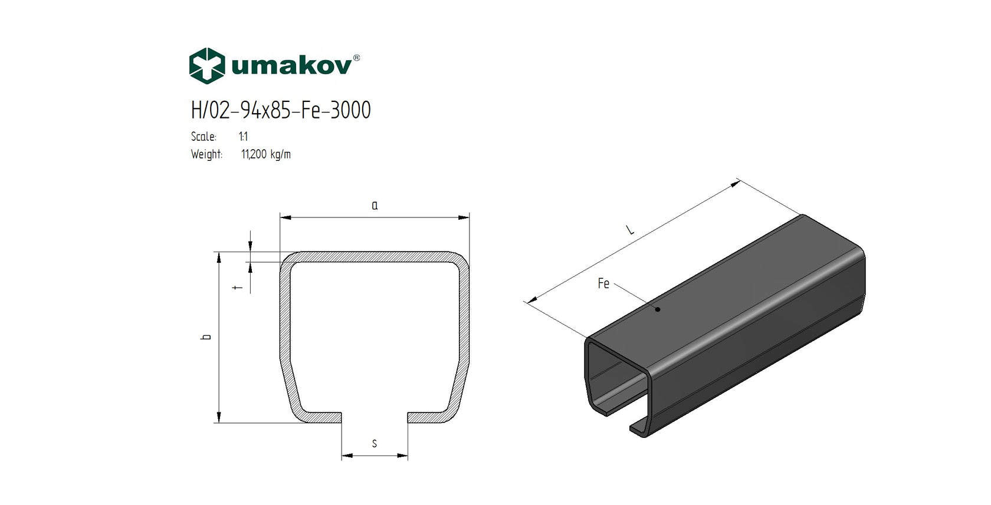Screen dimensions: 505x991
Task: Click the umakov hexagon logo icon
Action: (206, 65)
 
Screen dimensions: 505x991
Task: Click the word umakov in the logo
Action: (291, 65)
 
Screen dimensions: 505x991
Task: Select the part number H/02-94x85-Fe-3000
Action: (281, 110)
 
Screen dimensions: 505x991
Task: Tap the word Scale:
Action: (204, 137)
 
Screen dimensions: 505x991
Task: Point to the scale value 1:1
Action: (243, 137)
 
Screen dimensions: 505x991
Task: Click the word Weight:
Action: (206, 154)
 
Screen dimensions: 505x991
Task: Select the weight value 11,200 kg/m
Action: (265, 154)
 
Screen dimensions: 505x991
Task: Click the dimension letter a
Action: (375, 206)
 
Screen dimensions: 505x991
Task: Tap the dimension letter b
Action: (206, 337)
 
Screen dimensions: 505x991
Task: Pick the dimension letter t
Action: (238, 288)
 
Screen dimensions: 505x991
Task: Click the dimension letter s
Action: (375, 444)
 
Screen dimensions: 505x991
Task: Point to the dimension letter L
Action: (631, 229)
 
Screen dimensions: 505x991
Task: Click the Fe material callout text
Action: (603, 283)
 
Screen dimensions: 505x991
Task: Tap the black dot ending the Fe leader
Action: (658, 309)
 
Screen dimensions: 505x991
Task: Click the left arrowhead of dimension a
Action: (286, 217)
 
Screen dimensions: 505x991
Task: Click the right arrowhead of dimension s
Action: (402, 456)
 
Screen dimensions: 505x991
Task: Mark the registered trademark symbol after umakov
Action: (356, 58)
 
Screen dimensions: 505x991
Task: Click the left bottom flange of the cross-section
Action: (319, 417)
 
